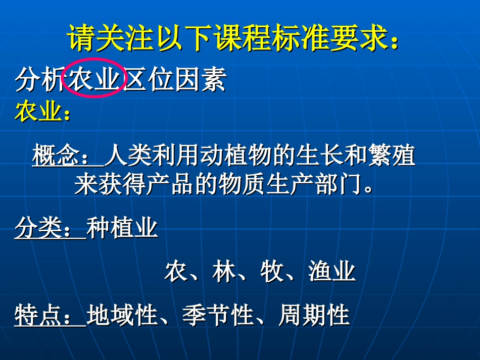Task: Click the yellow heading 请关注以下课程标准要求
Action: coord(233,39)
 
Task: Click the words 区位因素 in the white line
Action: coord(175,80)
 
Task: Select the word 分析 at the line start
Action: coord(39,80)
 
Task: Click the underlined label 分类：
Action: coord(50,229)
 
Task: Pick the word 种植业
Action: coord(123,229)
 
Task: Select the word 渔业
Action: coord(332,272)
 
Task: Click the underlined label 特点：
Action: coord(50,316)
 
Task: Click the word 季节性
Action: coord(218,316)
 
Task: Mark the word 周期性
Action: coord(314,316)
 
